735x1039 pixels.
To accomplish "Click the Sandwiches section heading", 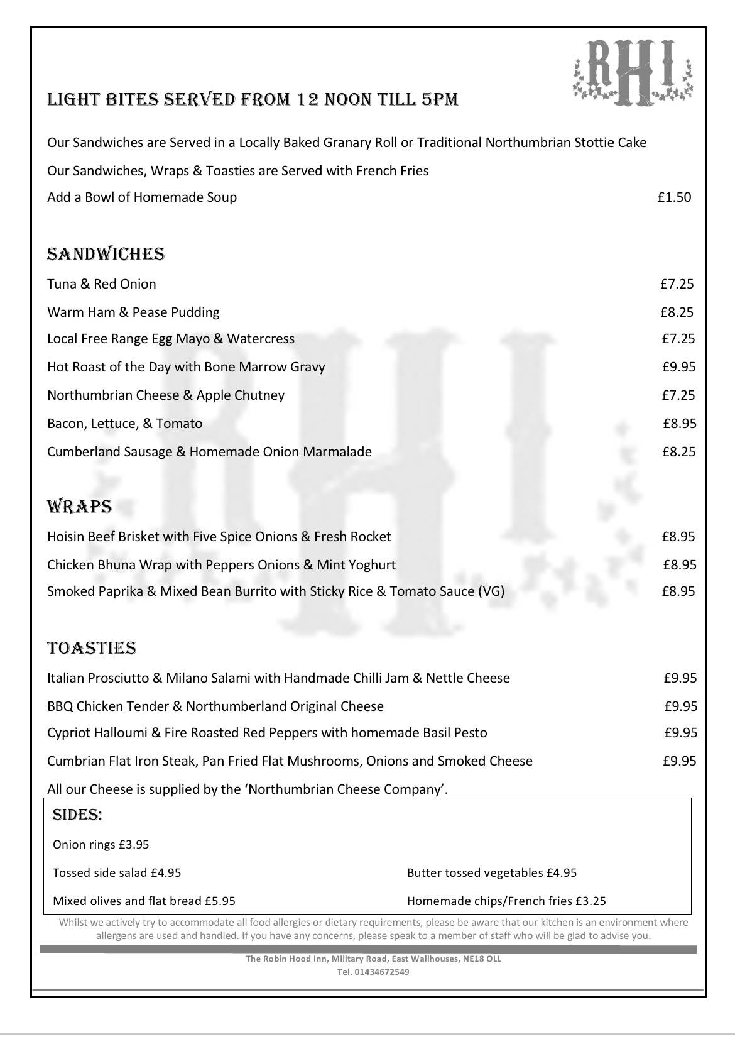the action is point(106,254).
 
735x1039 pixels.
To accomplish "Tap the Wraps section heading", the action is point(79,507).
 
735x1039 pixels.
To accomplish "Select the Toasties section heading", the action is point(92,648).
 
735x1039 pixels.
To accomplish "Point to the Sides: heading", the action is point(77,815).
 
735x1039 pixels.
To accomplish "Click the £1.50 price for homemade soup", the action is point(674,197).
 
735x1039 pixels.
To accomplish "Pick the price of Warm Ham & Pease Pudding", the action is point(677,312).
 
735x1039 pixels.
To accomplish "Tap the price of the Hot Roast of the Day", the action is point(678,367).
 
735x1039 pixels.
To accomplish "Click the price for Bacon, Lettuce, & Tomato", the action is point(679,424).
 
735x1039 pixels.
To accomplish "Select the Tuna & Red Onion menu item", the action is point(102,284).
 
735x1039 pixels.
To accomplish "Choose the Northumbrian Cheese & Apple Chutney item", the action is point(166,395).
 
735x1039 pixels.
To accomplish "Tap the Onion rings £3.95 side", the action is point(101,845).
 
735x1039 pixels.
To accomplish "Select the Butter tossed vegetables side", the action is point(491,873).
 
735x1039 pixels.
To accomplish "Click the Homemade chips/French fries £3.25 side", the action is point(506,901).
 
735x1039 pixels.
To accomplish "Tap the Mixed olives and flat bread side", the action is point(144,901).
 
